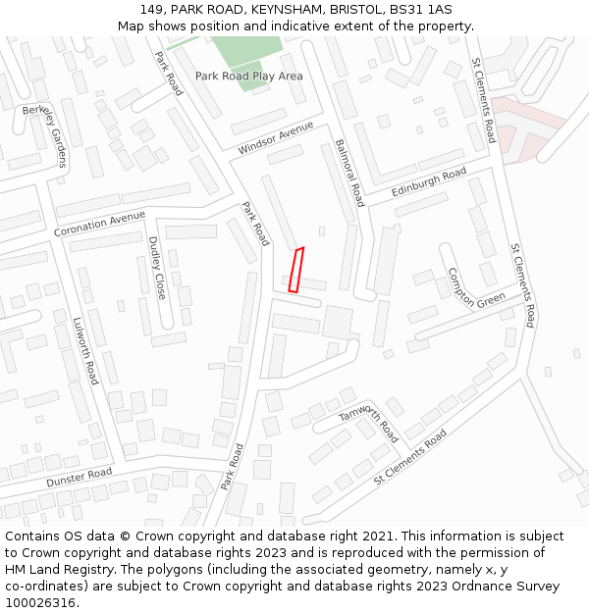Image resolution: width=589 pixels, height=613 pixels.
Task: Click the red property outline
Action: tap(295, 270)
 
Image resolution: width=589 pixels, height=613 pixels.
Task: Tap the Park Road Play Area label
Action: tap(248, 76)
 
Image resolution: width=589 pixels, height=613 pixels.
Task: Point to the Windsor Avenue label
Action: tap(275, 138)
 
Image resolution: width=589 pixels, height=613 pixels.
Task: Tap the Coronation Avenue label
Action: tap(99, 224)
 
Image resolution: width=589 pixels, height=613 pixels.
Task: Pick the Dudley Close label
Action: tap(156, 268)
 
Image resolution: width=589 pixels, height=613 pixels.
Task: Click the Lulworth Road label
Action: tap(86, 350)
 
